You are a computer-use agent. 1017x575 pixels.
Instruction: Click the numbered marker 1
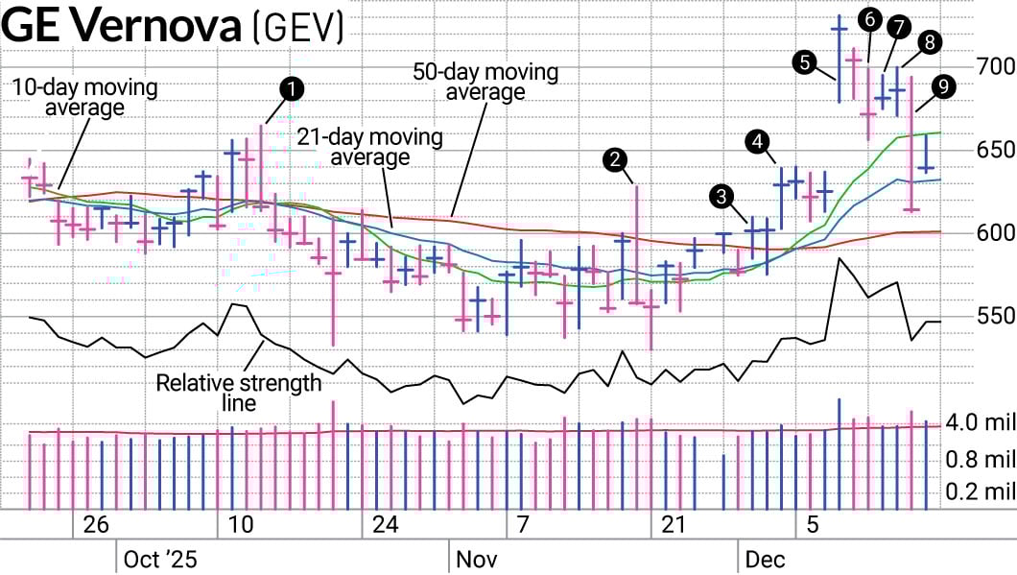point(290,89)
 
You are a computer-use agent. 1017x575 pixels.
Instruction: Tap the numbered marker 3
point(720,197)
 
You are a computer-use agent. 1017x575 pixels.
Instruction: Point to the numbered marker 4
point(758,142)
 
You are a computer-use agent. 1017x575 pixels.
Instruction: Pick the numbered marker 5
point(806,63)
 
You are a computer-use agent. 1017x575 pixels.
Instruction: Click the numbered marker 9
point(870,18)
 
